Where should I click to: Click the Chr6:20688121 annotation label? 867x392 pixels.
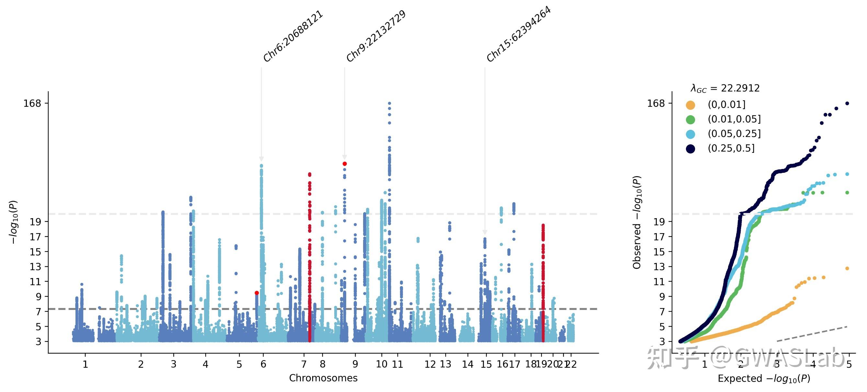[x=293, y=36]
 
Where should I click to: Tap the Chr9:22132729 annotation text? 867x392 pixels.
[x=376, y=36]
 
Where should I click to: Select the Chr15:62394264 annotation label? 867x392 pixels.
[x=518, y=34]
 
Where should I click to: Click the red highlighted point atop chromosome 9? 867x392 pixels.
[x=345, y=164]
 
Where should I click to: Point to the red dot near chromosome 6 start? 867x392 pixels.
[x=257, y=293]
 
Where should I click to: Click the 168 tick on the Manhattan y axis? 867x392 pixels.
[x=32, y=103]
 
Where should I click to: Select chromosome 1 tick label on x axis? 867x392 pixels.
[x=85, y=364]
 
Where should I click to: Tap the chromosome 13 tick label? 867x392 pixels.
[x=446, y=364]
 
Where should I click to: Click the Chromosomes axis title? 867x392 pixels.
[x=323, y=378]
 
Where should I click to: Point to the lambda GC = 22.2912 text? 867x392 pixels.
[x=725, y=88]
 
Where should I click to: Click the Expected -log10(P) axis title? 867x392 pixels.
[x=764, y=379]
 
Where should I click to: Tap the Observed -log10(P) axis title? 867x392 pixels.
[x=637, y=222]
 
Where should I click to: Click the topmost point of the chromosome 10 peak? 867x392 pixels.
[x=389, y=103]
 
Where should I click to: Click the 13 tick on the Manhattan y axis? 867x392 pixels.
[x=35, y=267]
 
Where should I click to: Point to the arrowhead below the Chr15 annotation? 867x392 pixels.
[x=485, y=232]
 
